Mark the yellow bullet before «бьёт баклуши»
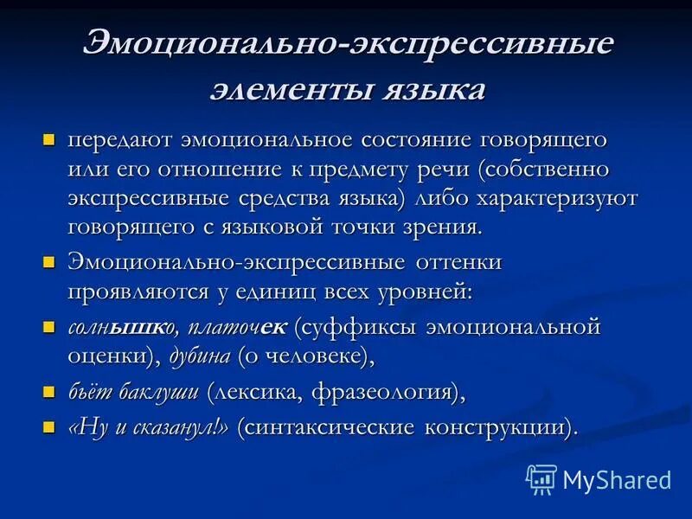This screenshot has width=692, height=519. point(49,392)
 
